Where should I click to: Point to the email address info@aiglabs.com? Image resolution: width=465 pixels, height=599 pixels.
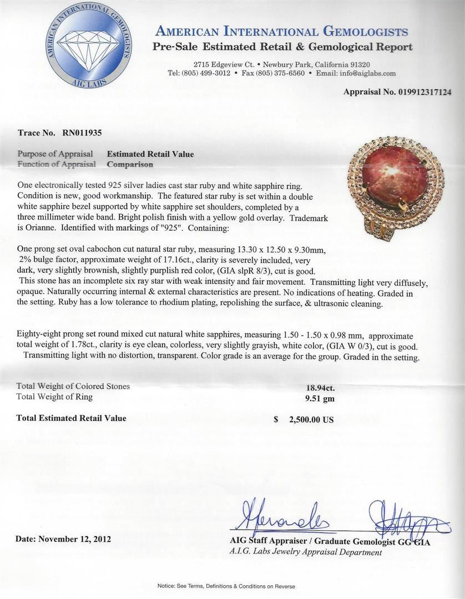tap(368, 73)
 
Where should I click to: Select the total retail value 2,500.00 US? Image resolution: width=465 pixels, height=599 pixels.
tap(311, 419)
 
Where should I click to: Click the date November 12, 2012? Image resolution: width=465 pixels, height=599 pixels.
tap(64, 539)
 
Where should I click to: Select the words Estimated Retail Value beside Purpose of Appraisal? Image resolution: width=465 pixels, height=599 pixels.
tap(150, 154)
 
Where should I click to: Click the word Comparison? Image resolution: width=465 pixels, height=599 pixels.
tap(130, 164)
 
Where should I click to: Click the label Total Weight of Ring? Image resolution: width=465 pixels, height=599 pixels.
tap(55, 397)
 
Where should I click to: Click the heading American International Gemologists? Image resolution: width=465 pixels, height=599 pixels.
tap(282, 32)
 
